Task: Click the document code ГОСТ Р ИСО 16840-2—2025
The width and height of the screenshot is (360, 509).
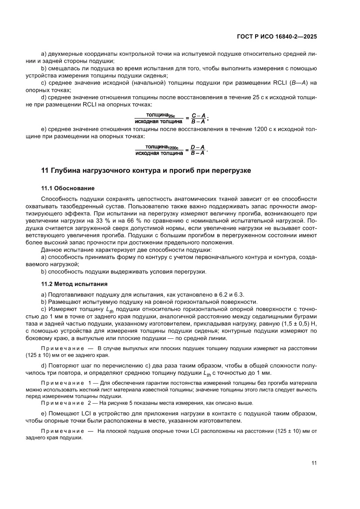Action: [276, 37]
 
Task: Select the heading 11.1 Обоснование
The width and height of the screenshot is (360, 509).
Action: [67, 188]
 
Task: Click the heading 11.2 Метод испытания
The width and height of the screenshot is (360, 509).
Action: [74, 284]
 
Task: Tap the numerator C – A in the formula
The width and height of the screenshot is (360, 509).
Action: [199, 115]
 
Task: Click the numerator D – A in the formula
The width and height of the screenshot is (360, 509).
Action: [199, 147]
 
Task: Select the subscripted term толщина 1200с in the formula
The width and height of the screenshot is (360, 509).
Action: [160, 147]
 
